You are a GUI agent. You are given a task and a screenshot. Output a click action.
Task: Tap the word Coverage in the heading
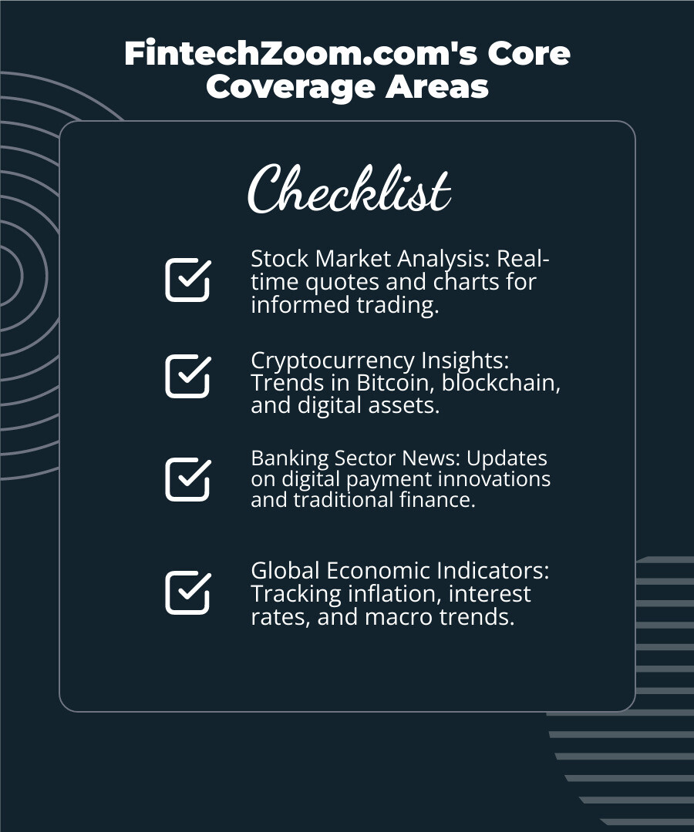[291, 87]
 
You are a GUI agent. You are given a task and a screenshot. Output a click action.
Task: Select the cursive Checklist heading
[349, 189]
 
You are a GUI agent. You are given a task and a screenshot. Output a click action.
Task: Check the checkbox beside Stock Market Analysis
[188, 280]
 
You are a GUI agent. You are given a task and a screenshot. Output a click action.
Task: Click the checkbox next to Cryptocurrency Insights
[188, 376]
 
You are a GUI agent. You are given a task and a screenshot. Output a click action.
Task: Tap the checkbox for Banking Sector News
[188, 479]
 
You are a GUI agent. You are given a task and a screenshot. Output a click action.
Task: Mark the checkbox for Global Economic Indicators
[188, 592]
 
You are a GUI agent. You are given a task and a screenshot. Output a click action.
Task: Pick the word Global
[285, 571]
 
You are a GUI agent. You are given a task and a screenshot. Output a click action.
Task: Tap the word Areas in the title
[437, 87]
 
